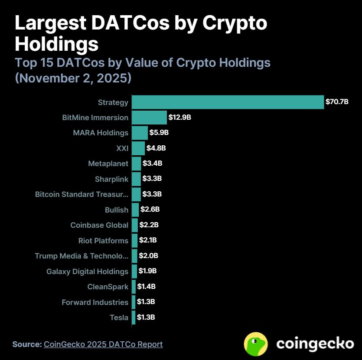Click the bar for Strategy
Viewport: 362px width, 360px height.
[x=228, y=102]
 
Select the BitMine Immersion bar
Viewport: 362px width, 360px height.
[x=149, y=118]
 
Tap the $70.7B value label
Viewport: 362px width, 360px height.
[x=337, y=102]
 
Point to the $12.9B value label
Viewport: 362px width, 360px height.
[x=180, y=118]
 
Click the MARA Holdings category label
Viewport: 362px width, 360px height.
[x=101, y=133]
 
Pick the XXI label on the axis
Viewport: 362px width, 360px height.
[x=122, y=148]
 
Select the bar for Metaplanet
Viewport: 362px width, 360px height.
[x=136, y=164]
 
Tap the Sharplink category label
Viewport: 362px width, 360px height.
[x=111, y=179]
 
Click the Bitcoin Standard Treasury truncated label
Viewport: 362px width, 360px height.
[x=82, y=194]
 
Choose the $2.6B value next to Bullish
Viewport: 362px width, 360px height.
[x=150, y=209]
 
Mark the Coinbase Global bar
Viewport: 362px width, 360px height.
[x=135, y=225]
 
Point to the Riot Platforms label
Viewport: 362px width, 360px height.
[x=103, y=241]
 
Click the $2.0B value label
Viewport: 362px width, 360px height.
[x=149, y=256]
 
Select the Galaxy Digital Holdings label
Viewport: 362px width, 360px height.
[x=87, y=272]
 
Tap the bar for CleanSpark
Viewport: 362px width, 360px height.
[x=134, y=287]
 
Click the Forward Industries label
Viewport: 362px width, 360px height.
[x=95, y=302]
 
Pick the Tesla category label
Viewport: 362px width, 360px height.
[x=119, y=317]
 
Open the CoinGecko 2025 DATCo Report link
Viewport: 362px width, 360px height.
[x=103, y=344]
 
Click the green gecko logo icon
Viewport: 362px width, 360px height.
[x=256, y=344]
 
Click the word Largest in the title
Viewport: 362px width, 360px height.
[x=49, y=24]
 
